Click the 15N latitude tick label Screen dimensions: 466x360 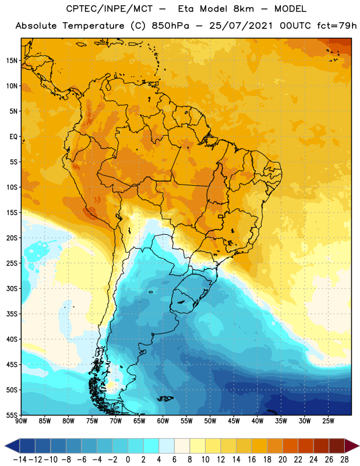12,60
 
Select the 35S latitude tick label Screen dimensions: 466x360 12,313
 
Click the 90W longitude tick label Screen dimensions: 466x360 22,421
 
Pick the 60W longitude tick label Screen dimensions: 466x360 163,421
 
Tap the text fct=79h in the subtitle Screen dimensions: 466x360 325,26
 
